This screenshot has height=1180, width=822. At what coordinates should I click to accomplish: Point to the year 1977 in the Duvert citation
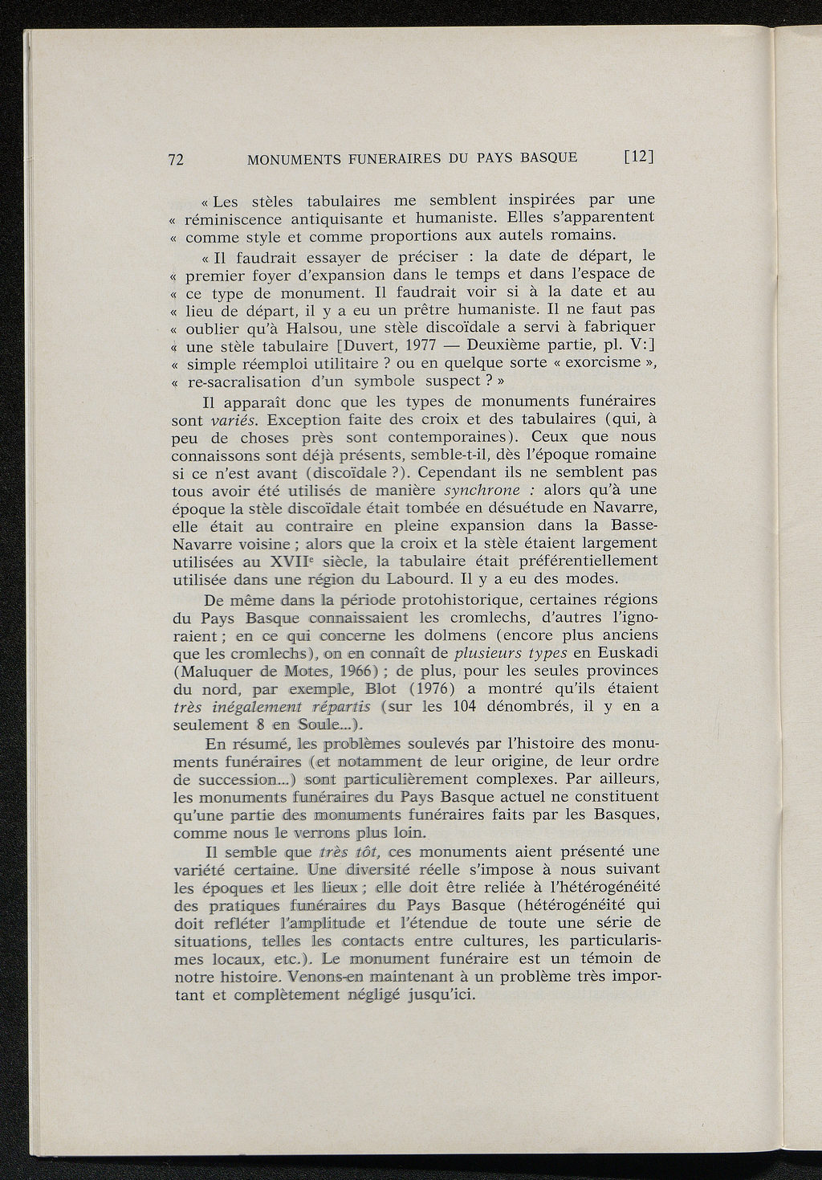pos(419,346)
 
